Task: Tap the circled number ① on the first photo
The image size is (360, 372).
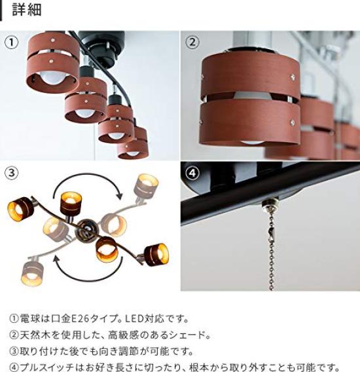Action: (x=12, y=43)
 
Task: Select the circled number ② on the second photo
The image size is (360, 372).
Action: (x=192, y=43)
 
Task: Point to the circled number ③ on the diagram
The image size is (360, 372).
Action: (x=12, y=174)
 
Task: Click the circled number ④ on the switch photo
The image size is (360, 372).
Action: (x=192, y=174)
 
